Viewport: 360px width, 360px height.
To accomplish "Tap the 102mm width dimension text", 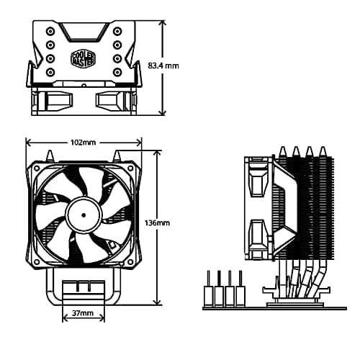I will click(x=84, y=142).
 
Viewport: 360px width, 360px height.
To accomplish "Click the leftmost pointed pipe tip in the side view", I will click(x=282, y=150).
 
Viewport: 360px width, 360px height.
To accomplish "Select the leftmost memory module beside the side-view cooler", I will click(x=210, y=288).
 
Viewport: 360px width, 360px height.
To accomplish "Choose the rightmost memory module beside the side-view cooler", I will click(x=240, y=288).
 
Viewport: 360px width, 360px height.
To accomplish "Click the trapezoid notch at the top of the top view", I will click(x=84, y=31).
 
